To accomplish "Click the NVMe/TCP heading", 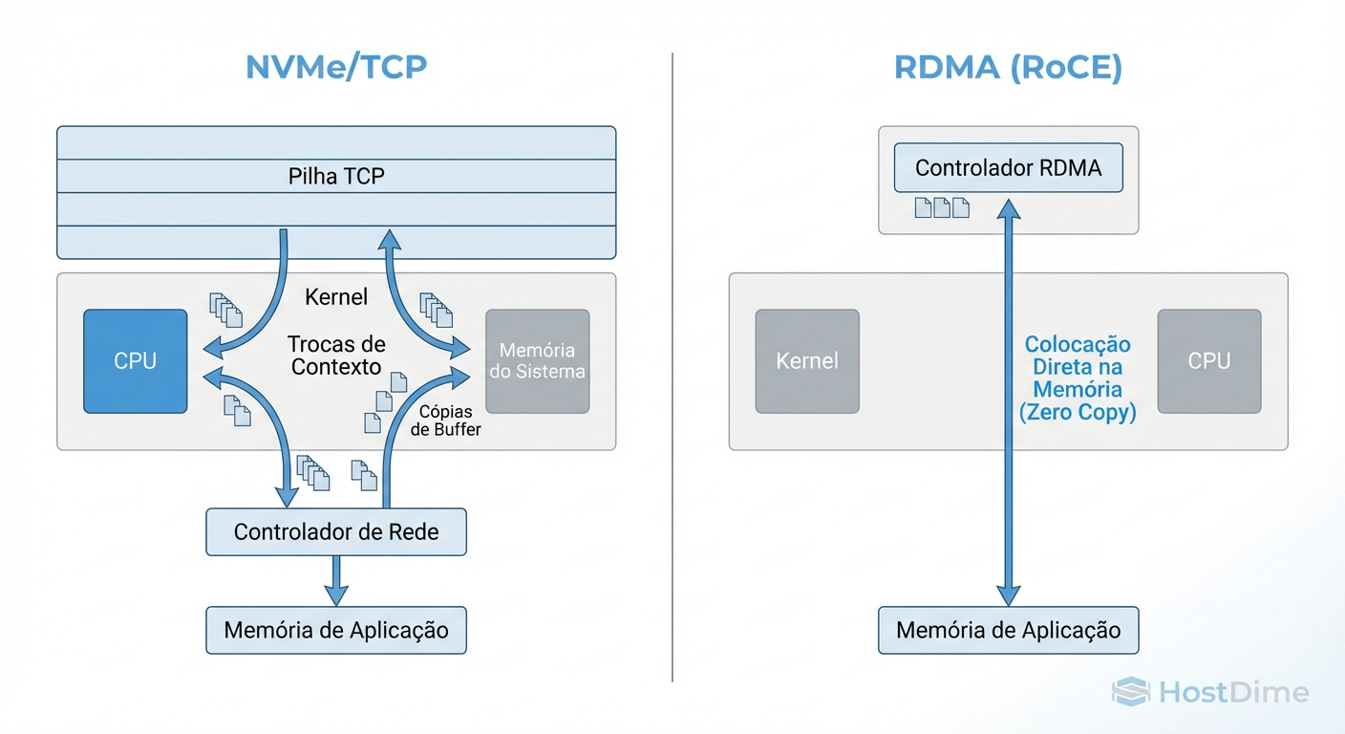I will (x=335, y=68).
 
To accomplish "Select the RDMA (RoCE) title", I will (x=1008, y=68).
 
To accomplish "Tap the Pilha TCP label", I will (x=336, y=177).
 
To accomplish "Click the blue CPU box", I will (x=136, y=361).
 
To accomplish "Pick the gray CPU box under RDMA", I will (x=1208, y=361).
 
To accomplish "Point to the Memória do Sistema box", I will (x=538, y=361).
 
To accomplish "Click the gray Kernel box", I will (x=807, y=361).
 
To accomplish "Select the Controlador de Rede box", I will (x=336, y=532).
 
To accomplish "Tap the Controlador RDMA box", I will (x=1008, y=169).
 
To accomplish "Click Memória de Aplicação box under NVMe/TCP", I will (x=336, y=631).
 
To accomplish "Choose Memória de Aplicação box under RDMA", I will (x=1008, y=631).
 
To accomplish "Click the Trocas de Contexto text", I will (x=336, y=355).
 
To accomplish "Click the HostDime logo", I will (x=1211, y=692).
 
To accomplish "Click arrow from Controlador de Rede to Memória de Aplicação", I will (x=335, y=579).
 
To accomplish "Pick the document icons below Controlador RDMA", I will (x=942, y=207).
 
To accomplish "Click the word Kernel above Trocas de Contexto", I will (x=336, y=297).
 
